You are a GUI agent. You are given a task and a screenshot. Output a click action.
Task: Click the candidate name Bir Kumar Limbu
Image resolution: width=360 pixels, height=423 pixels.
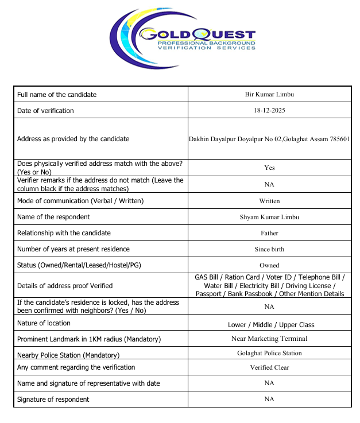click(x=269, y=94)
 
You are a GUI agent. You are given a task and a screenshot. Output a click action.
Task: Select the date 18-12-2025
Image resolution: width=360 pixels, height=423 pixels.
click(x=269, y=110)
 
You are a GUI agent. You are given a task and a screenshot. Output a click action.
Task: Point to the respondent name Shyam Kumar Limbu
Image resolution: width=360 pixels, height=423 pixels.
click(x=269, y=217)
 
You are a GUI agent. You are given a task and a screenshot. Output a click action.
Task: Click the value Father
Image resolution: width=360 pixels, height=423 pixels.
click(x=269, y=233)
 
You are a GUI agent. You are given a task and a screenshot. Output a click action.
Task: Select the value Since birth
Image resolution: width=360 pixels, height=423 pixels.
click(x=269, y=249)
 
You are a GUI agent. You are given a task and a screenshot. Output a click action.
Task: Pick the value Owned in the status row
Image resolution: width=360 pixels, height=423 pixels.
click(x=269, y=265)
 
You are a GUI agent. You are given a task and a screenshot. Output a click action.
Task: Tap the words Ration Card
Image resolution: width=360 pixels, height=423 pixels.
click(x=243, y=277)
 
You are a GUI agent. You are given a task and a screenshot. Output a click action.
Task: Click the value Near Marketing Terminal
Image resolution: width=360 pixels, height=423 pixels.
click(x=269, y=339)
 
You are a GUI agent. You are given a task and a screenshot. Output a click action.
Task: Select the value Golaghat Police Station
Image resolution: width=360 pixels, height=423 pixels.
click(x=269, y=353)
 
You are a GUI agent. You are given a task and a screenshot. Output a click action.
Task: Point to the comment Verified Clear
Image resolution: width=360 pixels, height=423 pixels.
click(x=269, y=367)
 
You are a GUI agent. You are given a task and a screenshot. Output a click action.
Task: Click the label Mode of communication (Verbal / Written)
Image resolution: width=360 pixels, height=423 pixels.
click(x=80, y=201)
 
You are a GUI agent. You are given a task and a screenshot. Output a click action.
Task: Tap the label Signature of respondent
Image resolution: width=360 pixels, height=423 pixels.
click(x=53, y=399)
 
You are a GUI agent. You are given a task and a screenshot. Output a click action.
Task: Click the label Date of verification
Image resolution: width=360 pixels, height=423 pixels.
click(x=45, y=110)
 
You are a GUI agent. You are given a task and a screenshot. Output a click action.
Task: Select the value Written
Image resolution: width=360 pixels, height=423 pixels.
click(x=269, y=201)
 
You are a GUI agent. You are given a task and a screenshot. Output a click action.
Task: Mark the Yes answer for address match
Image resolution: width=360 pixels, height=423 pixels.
click(x=269, y=168)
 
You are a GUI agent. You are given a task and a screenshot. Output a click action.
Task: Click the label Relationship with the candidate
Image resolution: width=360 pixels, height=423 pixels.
click(x=64, y=233)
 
